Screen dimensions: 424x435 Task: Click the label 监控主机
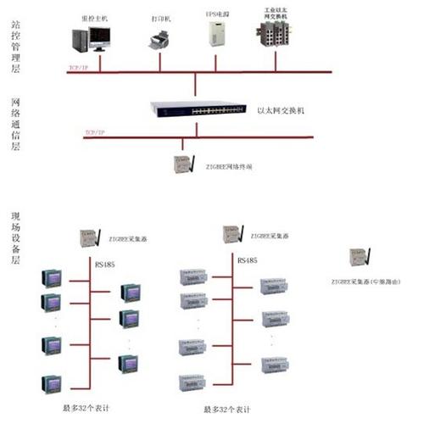point(94,16)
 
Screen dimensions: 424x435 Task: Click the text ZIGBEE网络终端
point(230,167)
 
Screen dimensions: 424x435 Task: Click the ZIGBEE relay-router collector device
point(360,257)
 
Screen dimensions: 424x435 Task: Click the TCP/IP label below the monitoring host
point(79,66)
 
